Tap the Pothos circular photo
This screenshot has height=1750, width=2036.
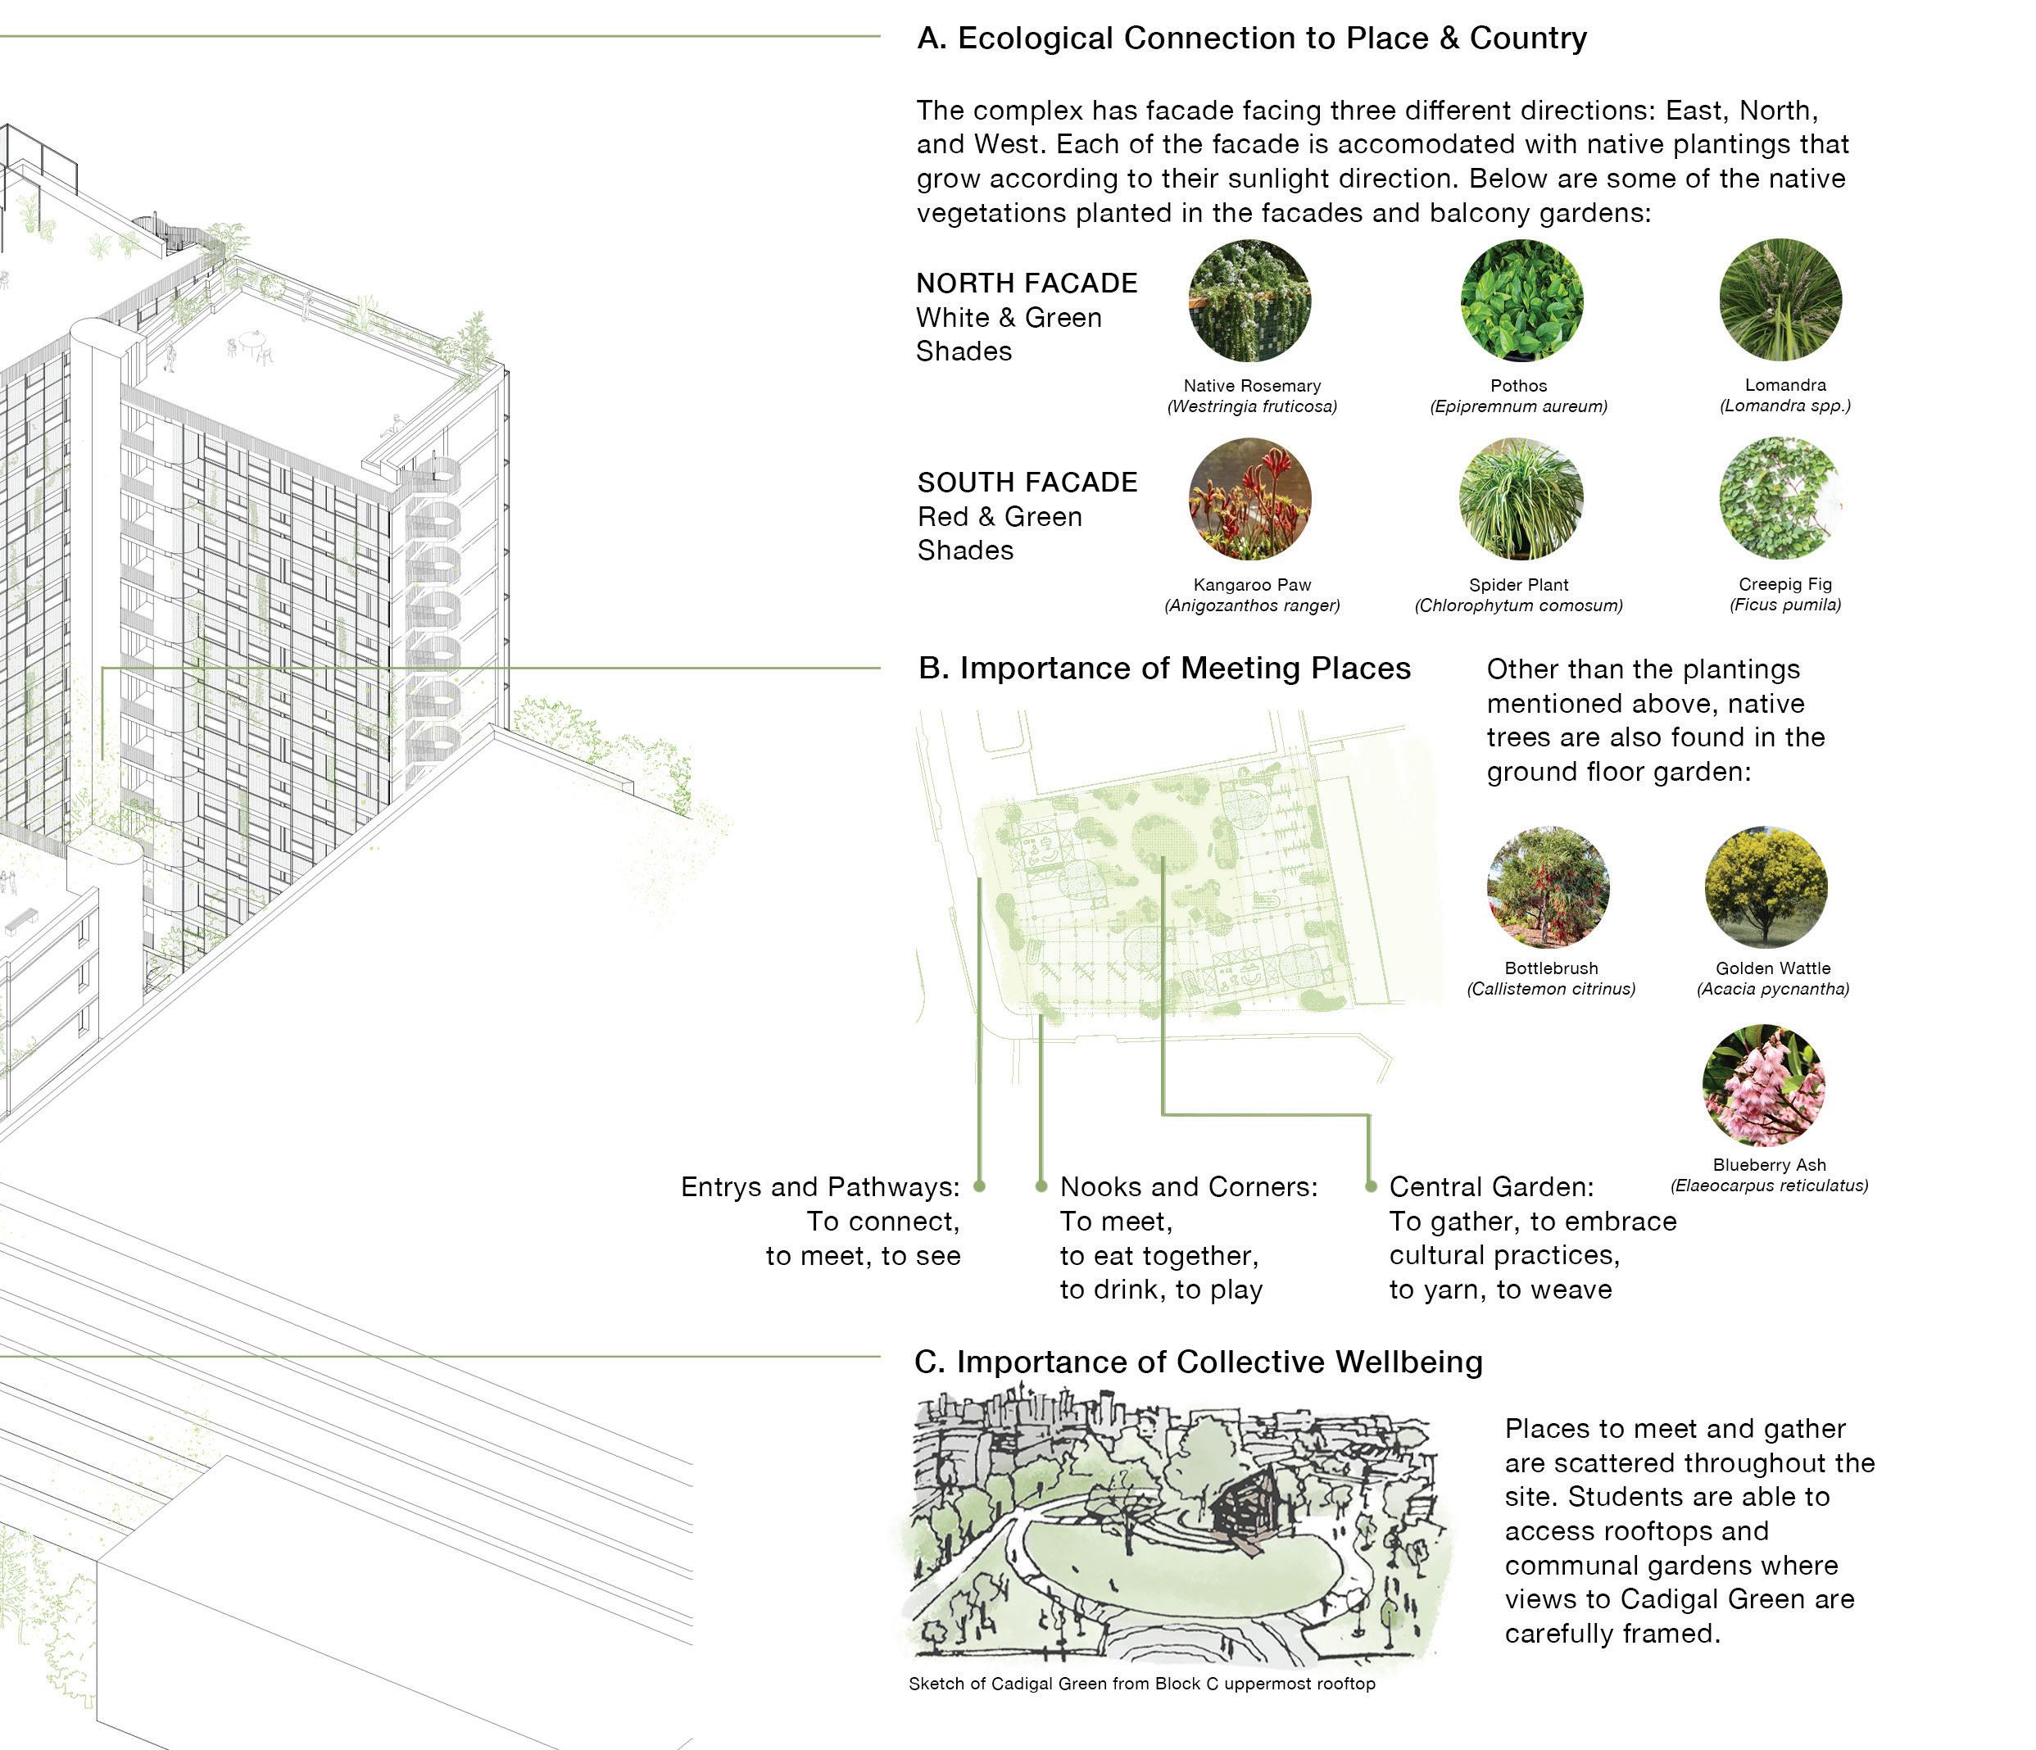(x=1521, y=301)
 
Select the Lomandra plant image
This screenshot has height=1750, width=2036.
(x=1780, y=300)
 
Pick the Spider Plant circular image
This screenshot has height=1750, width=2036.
(x=1521, y=499)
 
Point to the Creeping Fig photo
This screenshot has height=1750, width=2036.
(x=1780, y=498)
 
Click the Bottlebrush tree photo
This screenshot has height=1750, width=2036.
(x=1548, y=886)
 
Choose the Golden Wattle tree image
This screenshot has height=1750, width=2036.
(x=1766, y=886)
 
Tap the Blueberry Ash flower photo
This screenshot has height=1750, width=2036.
(x=1764, y=1084)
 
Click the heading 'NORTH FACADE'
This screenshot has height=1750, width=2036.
(x=1027, y=284)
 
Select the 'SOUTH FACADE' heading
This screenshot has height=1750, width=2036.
(x=1027, y=483)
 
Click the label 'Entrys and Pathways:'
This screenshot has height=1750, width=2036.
(x=819, y=1187)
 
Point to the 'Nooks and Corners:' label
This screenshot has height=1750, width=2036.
(x=1189, y=1187)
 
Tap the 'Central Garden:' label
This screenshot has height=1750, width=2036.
(x=1490, y=1187)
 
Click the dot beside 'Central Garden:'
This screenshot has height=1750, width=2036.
(x=1371, y=1187)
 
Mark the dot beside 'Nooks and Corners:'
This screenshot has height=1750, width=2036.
(x=1041, y=1187)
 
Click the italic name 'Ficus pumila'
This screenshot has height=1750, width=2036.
(x=1785, y=605)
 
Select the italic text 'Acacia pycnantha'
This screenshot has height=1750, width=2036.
(x=1773, y=990)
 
